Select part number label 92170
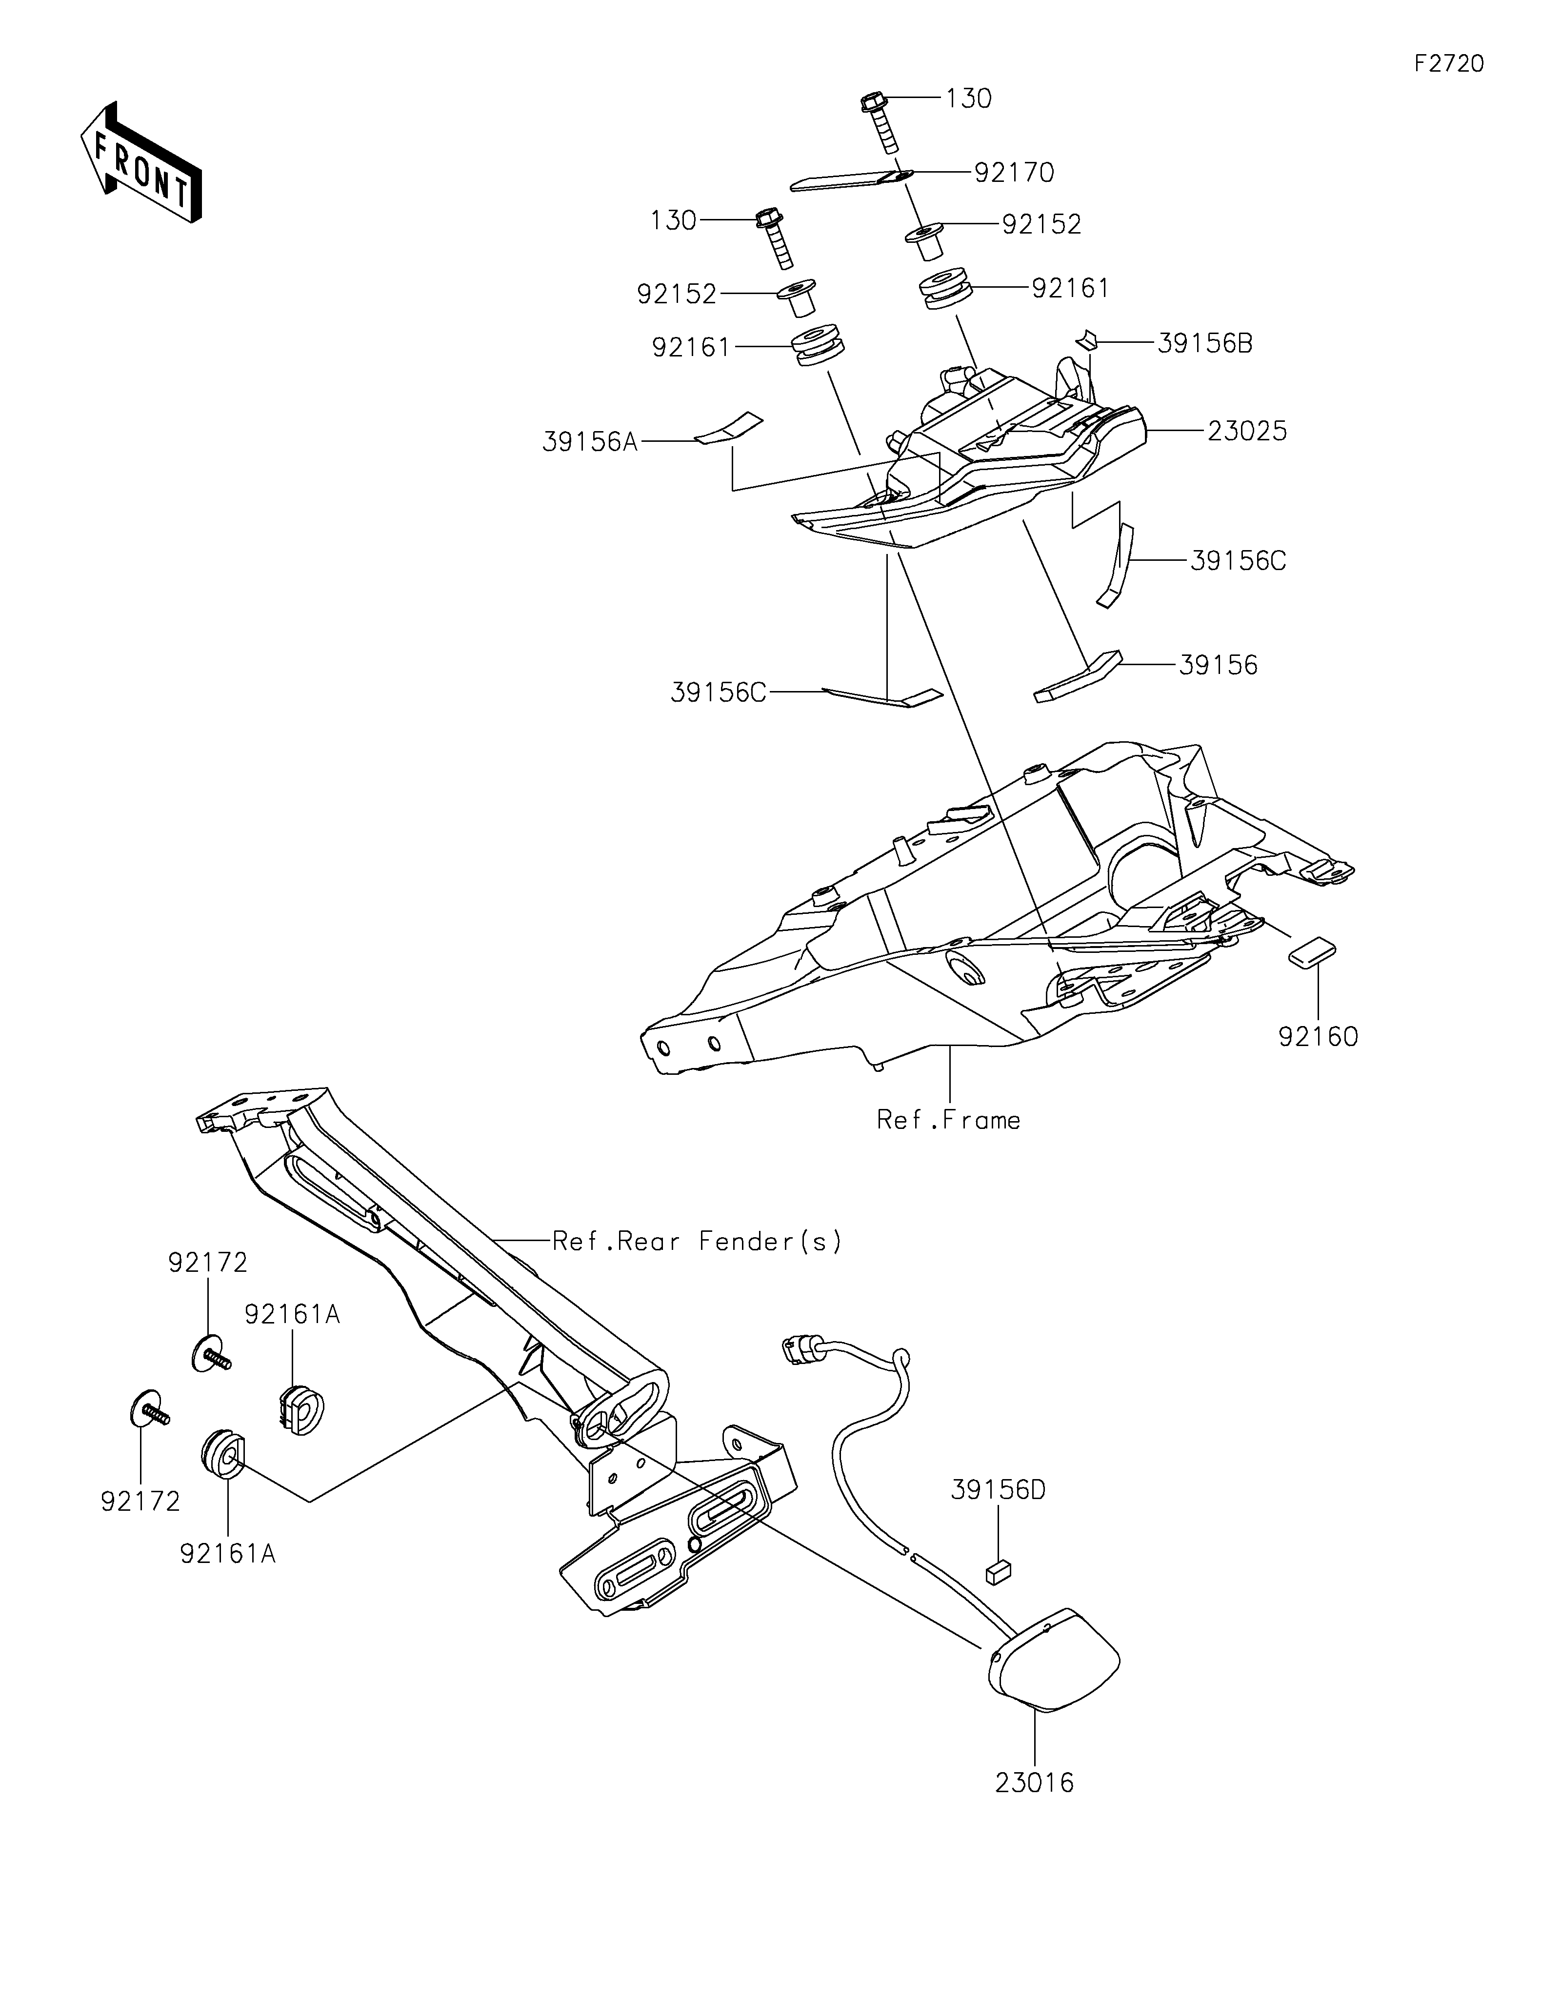1014,173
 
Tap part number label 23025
1246,431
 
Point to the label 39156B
1205,343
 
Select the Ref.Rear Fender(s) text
697,1242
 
